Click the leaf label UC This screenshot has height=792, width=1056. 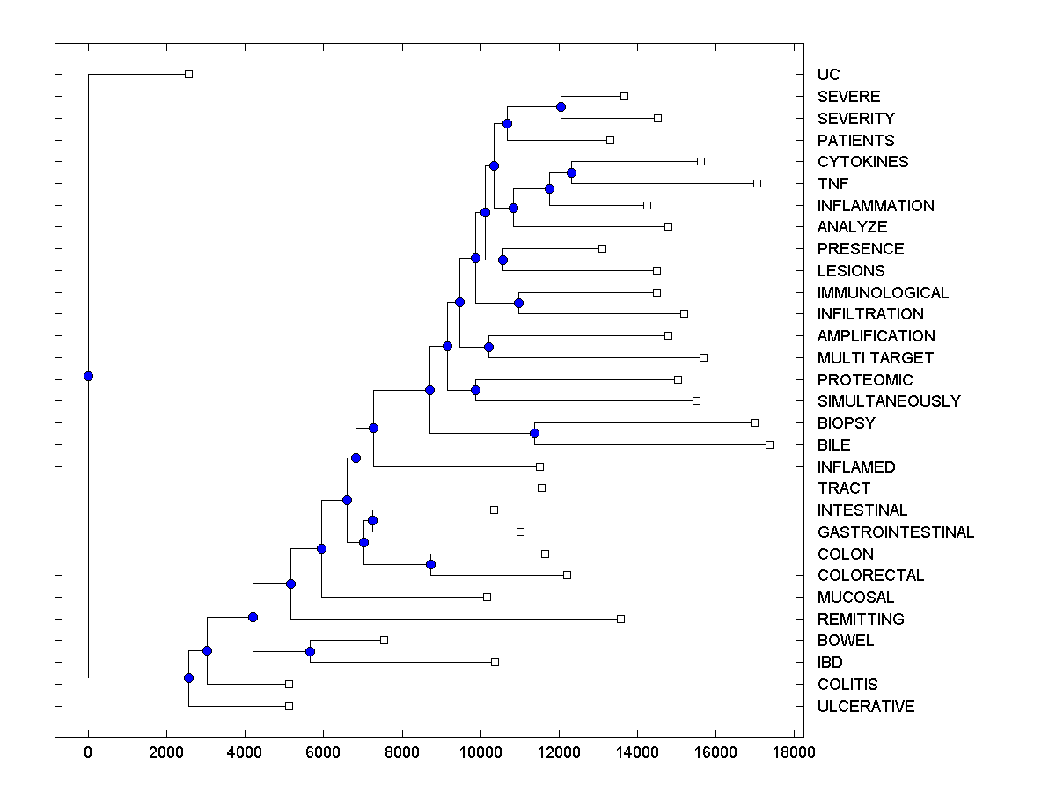tap(828, 75)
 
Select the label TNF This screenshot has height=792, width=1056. tap(832, 184)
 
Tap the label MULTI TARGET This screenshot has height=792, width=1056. tap(875, 358)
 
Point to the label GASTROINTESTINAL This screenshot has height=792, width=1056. tap(895, 532)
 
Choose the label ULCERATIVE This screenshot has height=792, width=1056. tap(865, 707)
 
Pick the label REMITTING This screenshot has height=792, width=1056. tap(860, 620)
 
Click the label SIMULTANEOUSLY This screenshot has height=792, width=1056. tap(888, 401)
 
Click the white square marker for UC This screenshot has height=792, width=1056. tap(188, 75)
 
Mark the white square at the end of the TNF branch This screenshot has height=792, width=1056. tap(757, 183)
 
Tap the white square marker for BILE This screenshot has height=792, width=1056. tap(769, 444)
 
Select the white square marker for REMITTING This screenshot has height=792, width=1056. tap(620, 619)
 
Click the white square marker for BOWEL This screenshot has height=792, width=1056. tap(384, 640)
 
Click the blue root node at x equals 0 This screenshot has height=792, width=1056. tap(88, 376)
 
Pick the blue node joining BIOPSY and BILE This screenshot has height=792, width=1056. tap(534, 433)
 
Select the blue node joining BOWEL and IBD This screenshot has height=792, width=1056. tap(310, 651)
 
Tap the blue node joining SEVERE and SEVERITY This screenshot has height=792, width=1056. tap(561, 106)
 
